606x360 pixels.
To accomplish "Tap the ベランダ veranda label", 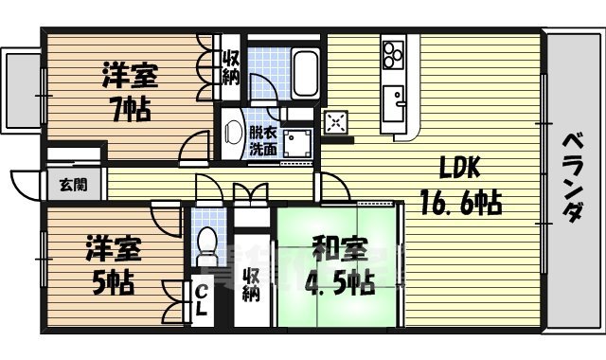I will (574, 176).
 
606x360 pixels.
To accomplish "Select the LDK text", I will (460, 169).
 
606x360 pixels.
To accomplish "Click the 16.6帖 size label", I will (461, 202).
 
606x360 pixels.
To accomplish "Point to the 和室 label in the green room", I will (337, 251).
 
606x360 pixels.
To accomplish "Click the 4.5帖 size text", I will (337, 283).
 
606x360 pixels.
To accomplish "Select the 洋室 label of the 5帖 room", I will (113, 251).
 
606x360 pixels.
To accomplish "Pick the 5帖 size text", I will (113, 281).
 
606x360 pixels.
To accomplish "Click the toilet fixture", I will (205, 249).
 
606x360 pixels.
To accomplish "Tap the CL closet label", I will (204, 302).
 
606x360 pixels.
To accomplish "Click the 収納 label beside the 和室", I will (251, 285).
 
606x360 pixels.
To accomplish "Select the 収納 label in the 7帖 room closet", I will (231, 69).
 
